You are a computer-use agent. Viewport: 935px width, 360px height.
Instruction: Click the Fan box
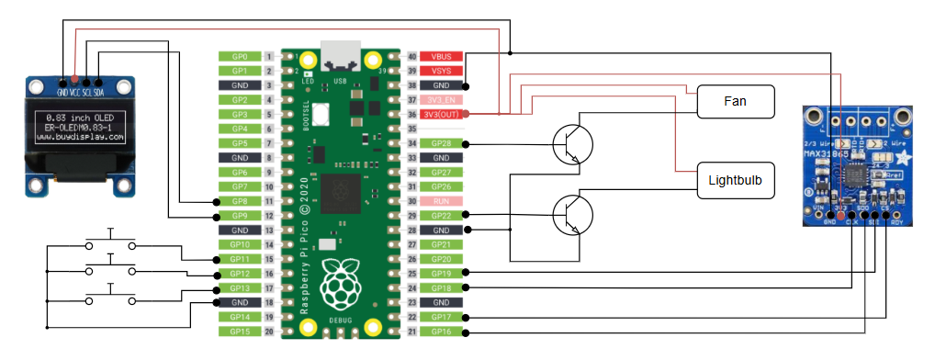click(x=735, y=101)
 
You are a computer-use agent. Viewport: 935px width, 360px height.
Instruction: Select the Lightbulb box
click(x=735, y=181)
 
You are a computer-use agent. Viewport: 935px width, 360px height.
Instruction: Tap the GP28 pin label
click(x=441, y=143)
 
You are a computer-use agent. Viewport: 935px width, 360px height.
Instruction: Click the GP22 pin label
click(x=441, y=215)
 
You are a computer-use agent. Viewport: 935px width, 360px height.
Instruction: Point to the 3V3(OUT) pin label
click(x=441, y=114)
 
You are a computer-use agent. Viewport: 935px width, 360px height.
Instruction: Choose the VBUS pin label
click(x=441, y=56)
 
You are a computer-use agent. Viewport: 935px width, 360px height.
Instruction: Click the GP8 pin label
click(x=240, y=201)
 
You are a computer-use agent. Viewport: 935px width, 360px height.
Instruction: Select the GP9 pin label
click(x=240, y=215)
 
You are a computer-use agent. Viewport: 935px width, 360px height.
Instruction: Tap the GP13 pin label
click(x=240, y=287)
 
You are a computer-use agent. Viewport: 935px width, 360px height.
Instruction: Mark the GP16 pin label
click(x=441, y=331)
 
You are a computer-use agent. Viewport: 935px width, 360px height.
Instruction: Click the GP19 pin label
click(x=441, y=273)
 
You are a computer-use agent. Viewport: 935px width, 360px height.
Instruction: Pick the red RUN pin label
click(x=441, y=200)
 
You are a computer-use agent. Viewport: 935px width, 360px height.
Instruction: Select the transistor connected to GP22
click(x=573, y=214)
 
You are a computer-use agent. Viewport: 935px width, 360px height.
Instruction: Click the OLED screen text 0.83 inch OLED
click(x=79, y=118)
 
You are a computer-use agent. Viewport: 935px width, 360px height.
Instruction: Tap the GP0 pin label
click(x=240, y=56)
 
